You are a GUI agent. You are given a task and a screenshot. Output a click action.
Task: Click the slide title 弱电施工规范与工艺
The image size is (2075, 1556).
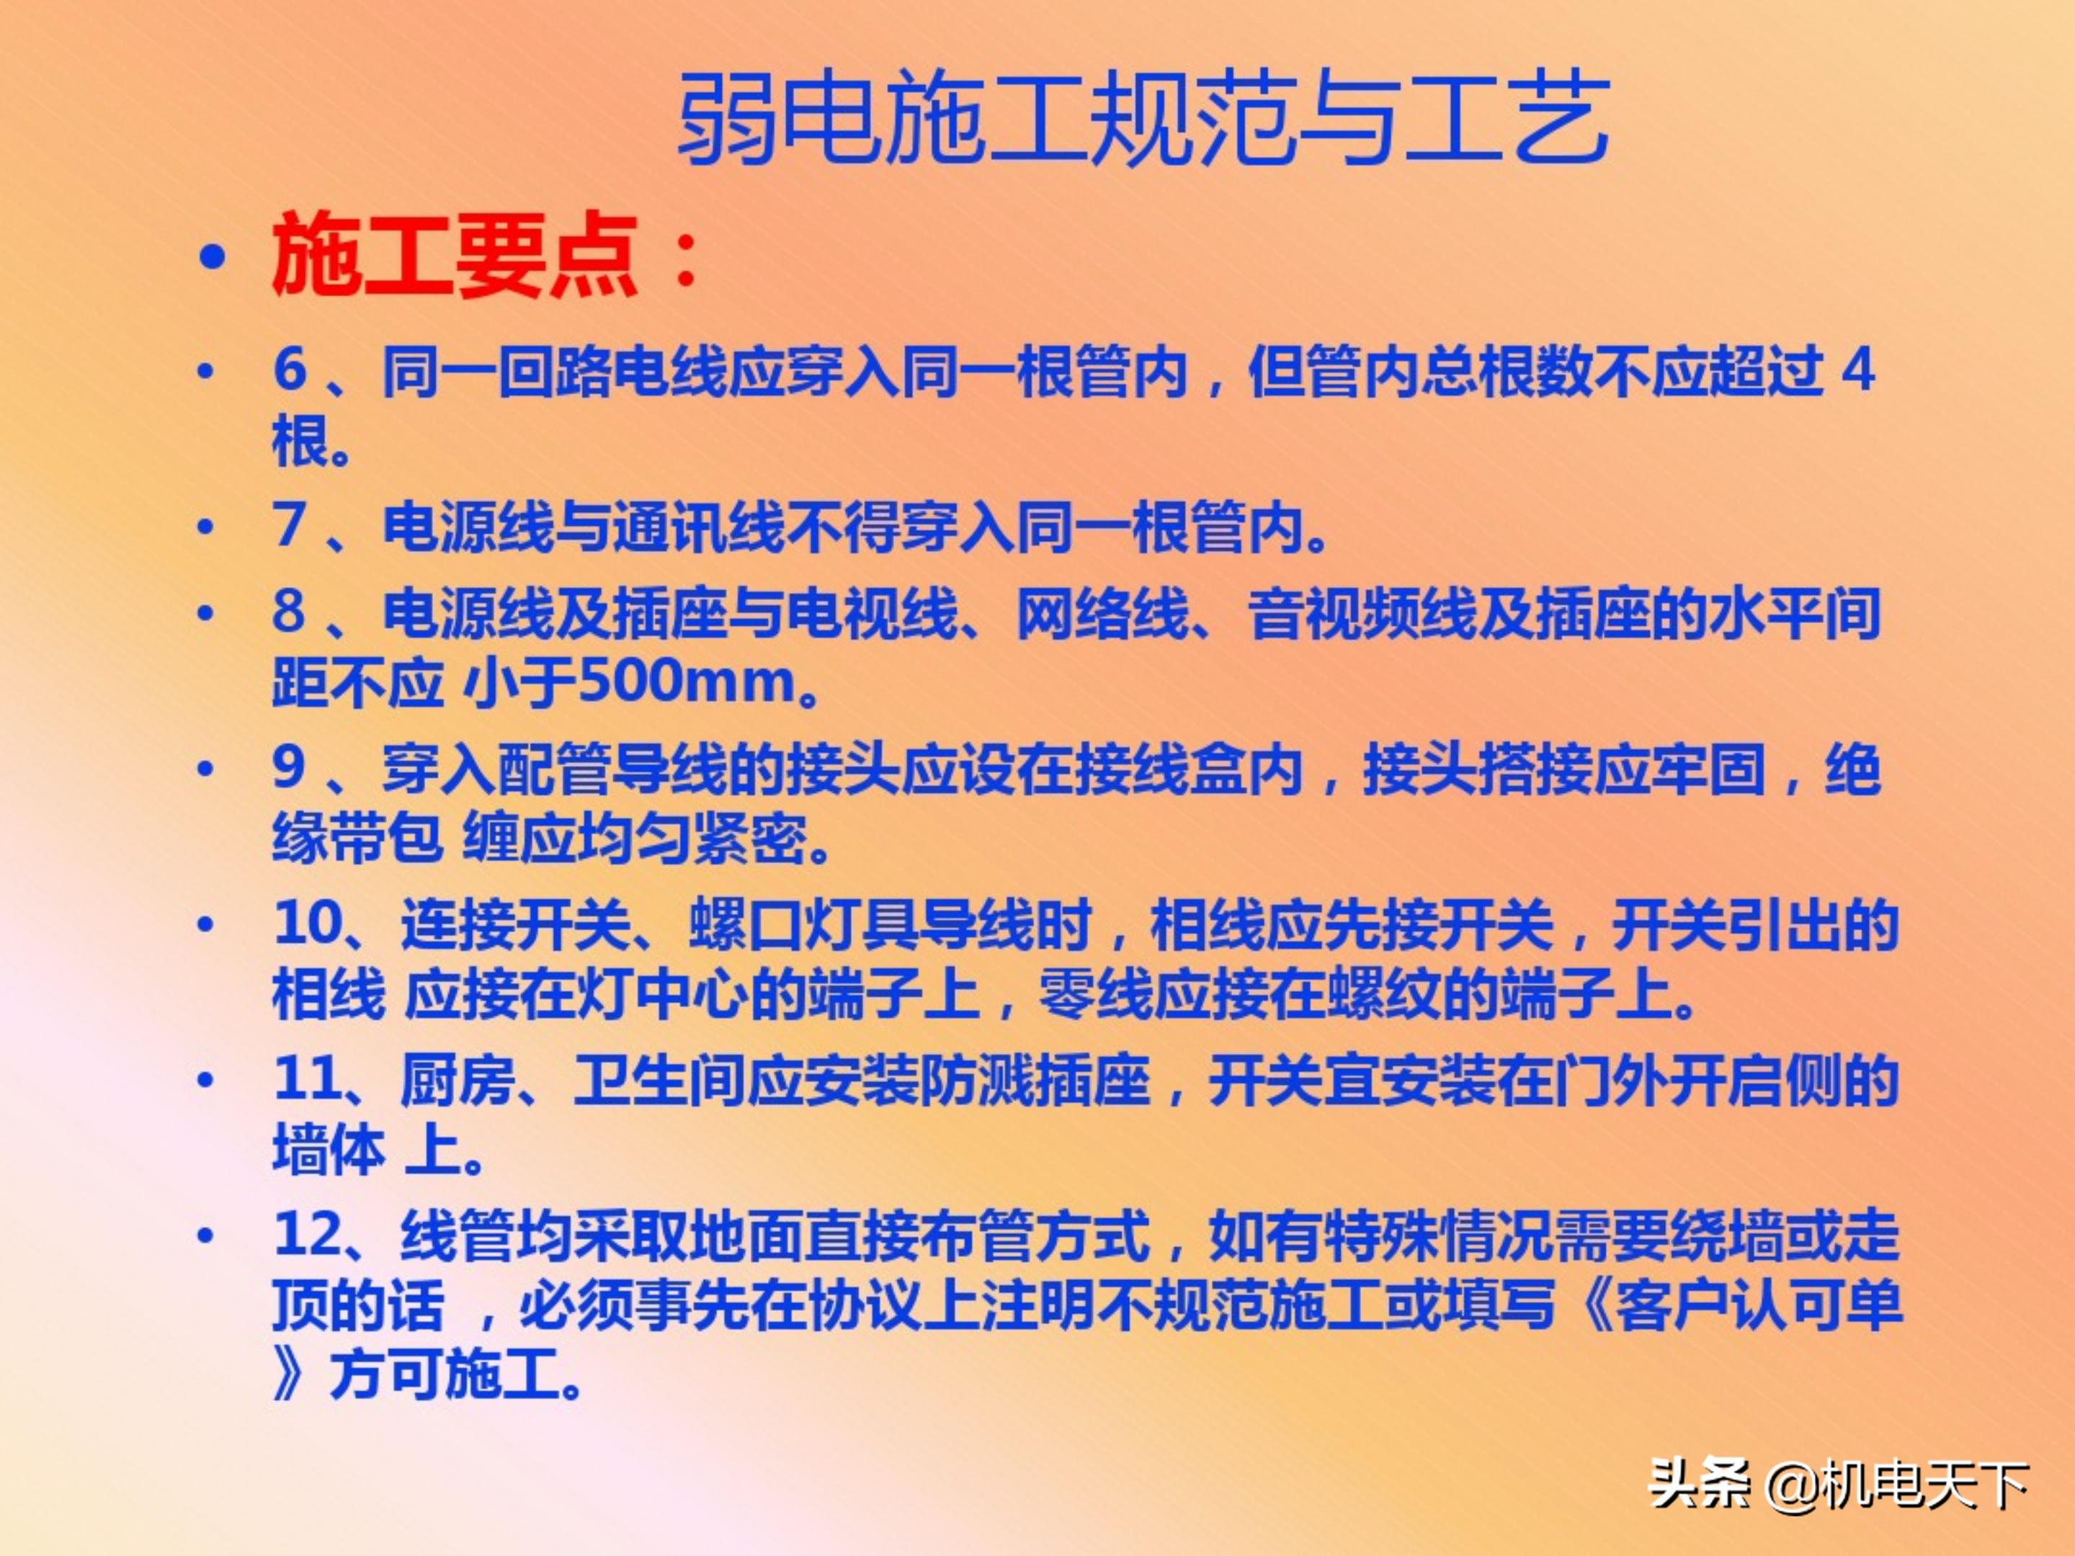pyautogui.click(x=1143, y=119)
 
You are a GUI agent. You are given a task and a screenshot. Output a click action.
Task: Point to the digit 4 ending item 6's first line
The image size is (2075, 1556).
pyautogui.click(x=1858, y=370)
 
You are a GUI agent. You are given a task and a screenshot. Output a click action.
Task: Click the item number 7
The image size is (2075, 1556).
pyautogui.click(x=290, y=525)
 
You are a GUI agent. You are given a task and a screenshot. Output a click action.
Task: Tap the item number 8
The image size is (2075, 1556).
pyautogui.click(x=290, y=612)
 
